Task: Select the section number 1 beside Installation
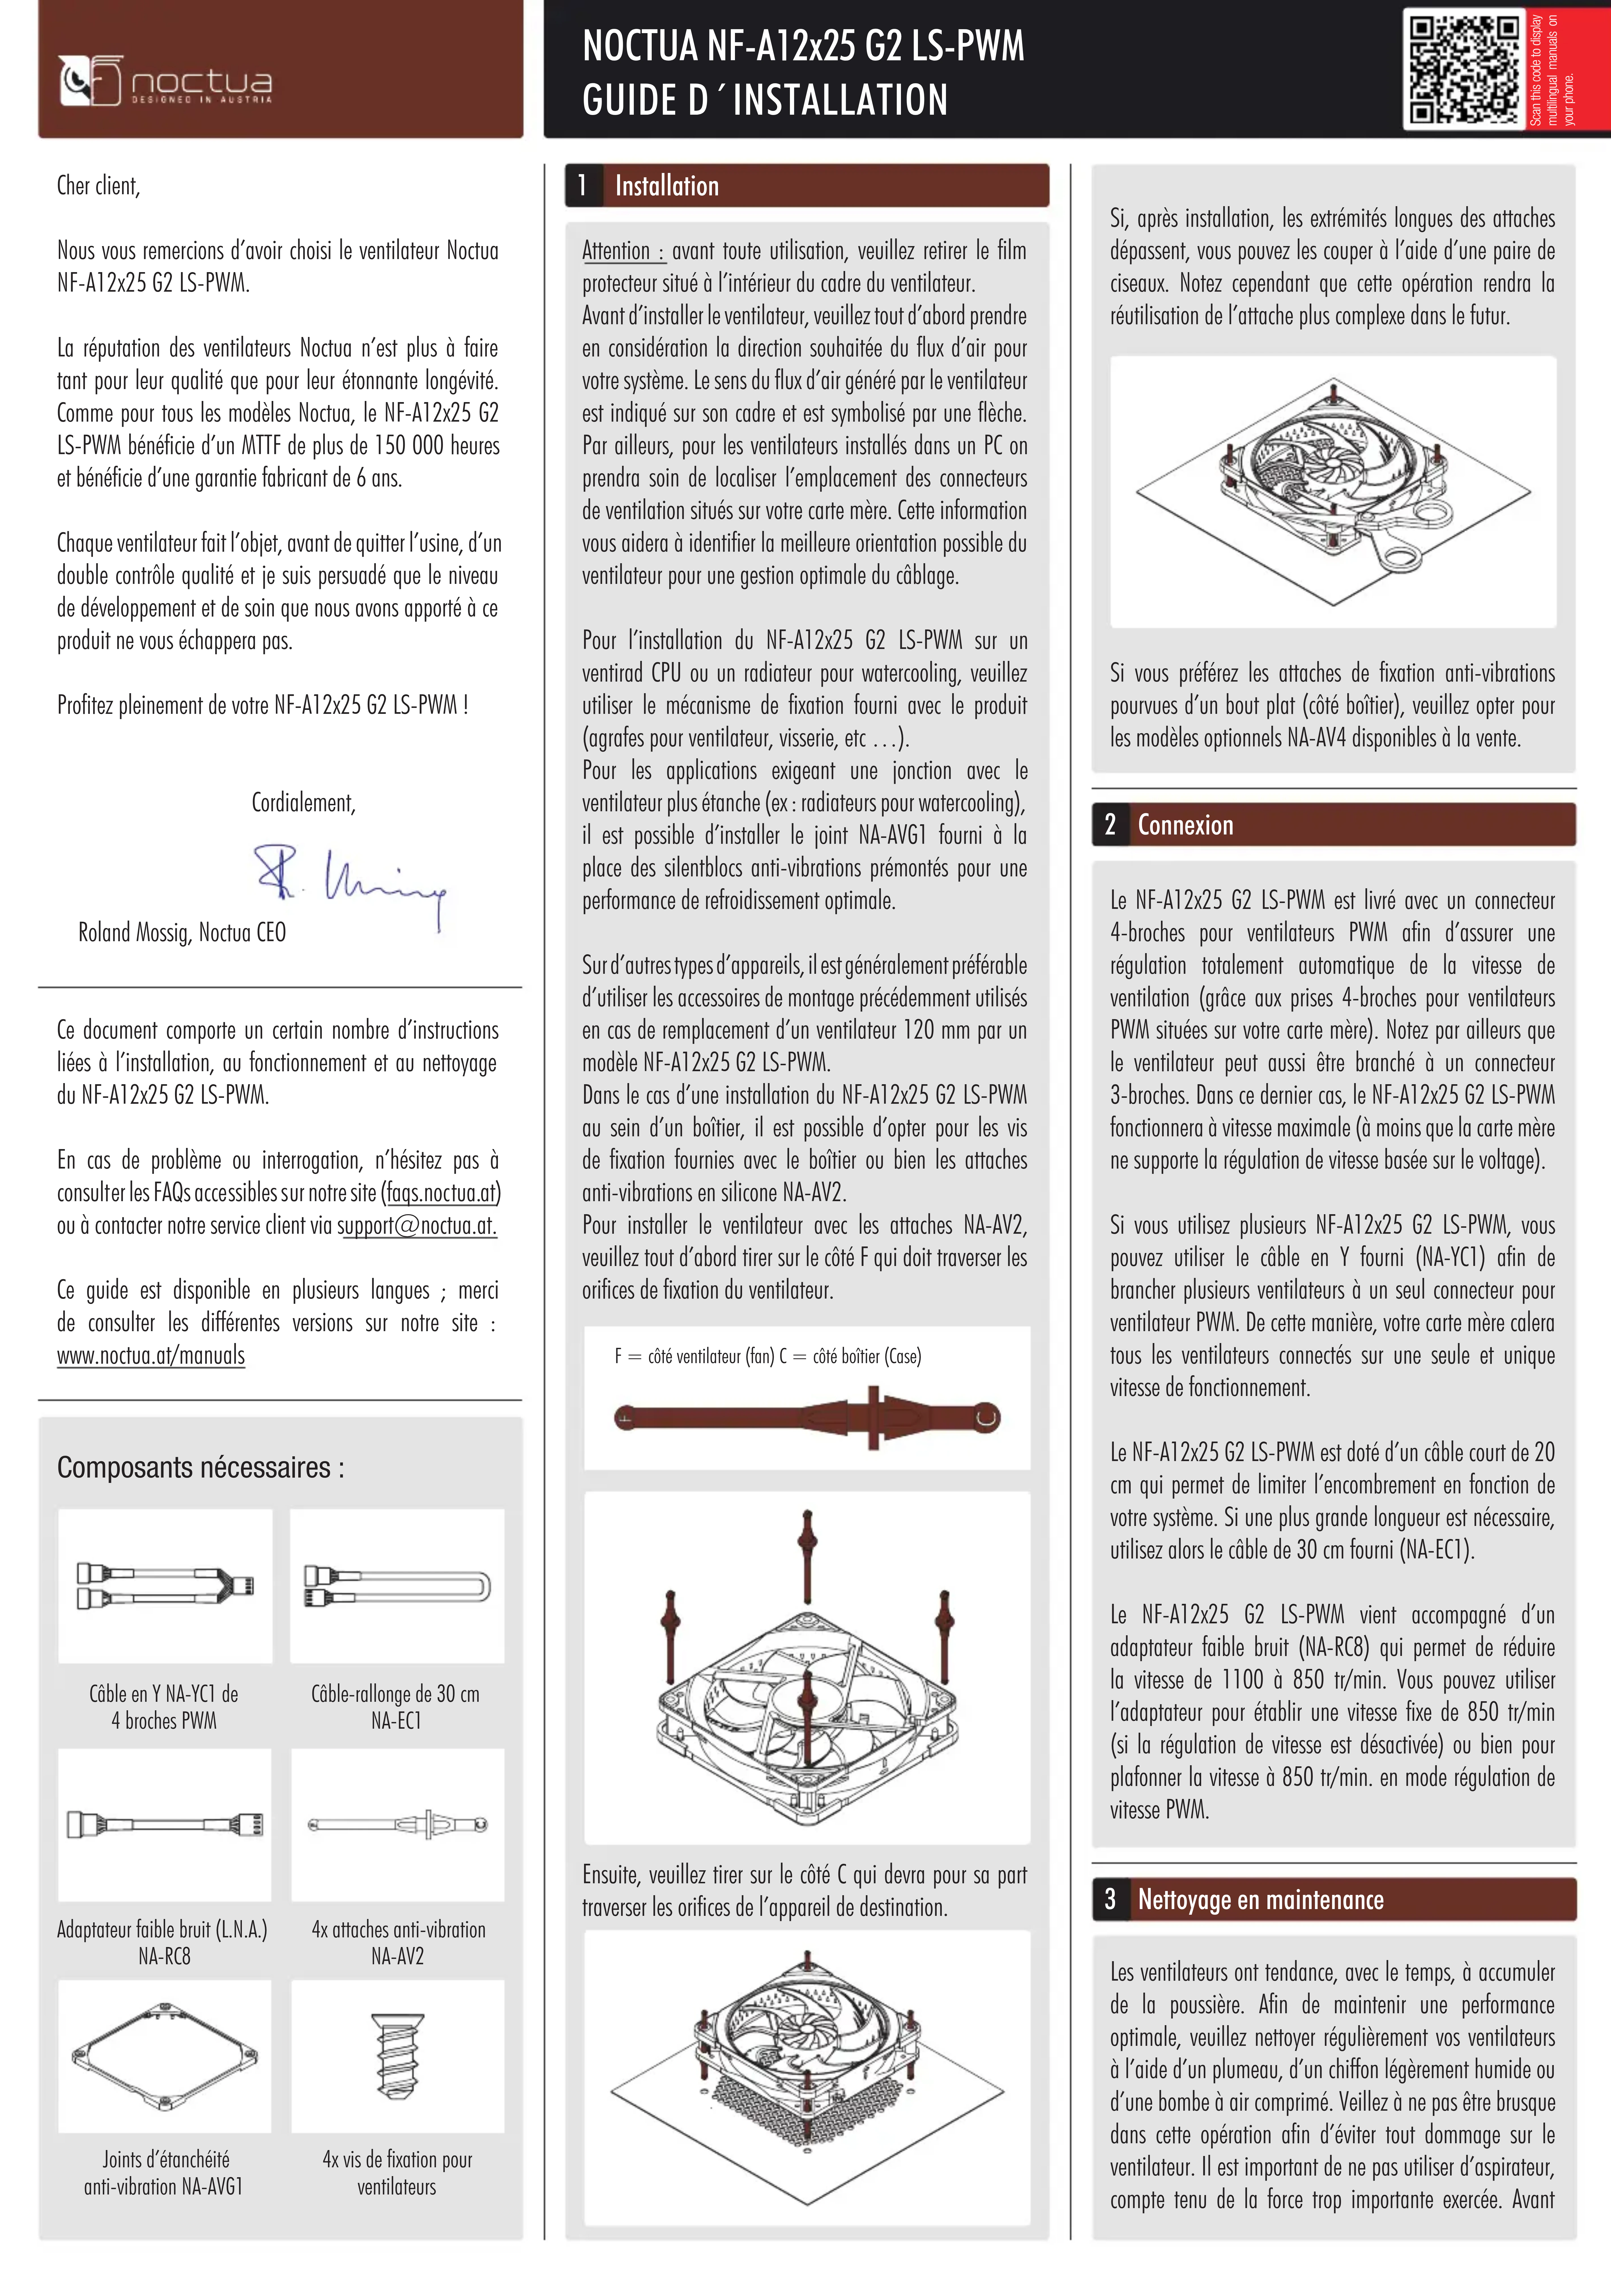[x=583, y=186]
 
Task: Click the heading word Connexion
[x=1185, y=825]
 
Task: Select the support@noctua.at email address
[x=417, y=1226]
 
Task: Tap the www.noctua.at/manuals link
[x=151, y=1355]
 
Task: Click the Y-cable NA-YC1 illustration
[x=165, y=1586]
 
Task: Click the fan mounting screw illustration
[x=397, y=2055]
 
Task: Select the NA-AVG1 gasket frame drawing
[x=165, y=2055]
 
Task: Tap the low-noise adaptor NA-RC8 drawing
[x=165, y=1824]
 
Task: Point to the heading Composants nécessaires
[x=201, y=1468]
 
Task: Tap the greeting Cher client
[x=98, y=186]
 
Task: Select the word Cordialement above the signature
[x=303, y=802]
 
